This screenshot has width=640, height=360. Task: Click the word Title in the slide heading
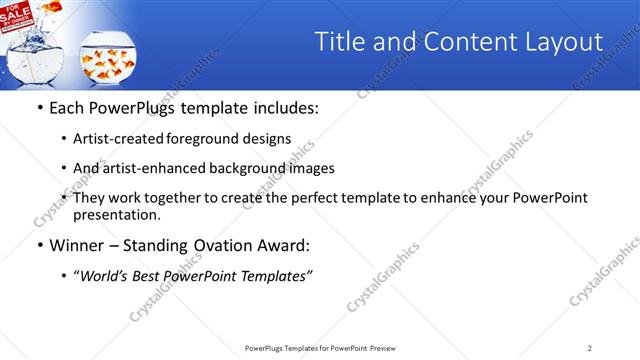(340, 41)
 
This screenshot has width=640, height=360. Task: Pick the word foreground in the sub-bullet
(214, 139)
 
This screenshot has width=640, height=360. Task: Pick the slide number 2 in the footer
(589, 348)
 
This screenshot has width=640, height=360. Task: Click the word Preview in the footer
(389, 348)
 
